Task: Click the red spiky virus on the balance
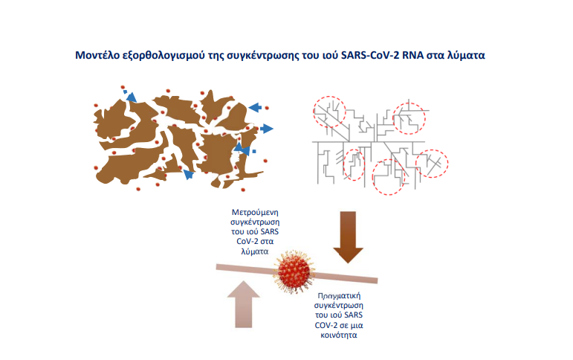[294, 271]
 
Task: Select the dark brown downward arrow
[348, 237]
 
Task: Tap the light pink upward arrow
[243, 304]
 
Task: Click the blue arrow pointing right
[267, 129]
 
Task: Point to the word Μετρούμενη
[255, 213]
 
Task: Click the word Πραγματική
[339, 295]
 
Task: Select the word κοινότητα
[339, 335]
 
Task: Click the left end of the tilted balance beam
[217, 267]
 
